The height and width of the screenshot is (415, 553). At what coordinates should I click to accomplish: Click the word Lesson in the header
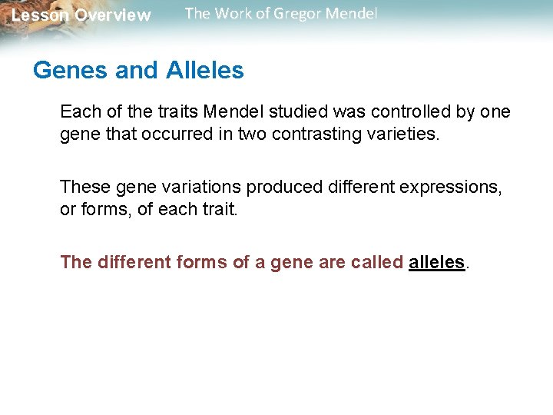(40, 15)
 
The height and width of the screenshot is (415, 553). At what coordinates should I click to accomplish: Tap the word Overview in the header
(113, 15)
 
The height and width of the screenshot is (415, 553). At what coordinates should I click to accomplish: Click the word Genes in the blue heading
(71, 71)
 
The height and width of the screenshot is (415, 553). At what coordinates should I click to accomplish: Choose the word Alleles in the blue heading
(201, 71)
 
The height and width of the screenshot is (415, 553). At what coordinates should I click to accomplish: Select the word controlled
(412, 111)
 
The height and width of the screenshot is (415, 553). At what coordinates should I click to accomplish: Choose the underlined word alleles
(437, 262)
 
